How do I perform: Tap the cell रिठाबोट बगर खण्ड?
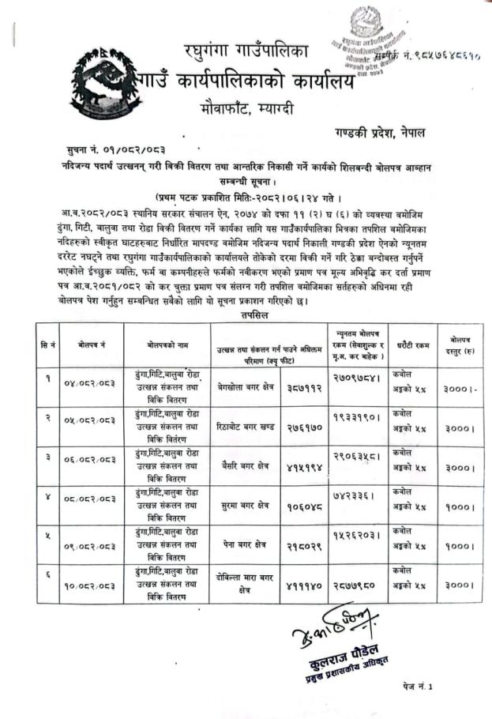(246, 427)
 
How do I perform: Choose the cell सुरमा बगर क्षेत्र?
(245, 505)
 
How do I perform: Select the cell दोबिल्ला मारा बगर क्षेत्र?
(245, 585)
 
